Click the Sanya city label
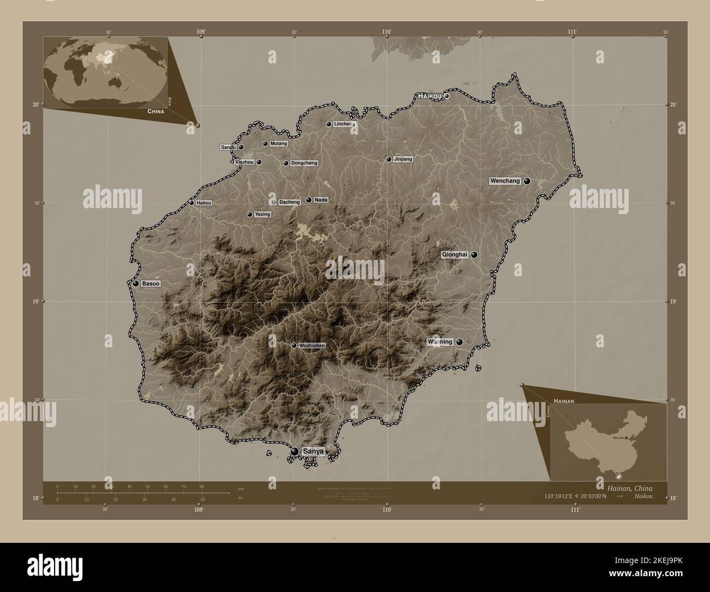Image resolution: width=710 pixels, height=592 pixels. pos(314,452)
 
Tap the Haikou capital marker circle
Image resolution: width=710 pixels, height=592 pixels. pos(446,96)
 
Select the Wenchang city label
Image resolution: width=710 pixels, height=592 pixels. pos(505,181)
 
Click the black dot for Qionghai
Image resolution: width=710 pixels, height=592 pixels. pos(474,254)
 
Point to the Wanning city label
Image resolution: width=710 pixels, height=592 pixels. pos(440,342)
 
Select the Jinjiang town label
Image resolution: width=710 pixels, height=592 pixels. pos(403,159)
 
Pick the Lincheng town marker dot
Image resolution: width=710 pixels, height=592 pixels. pos(329,124)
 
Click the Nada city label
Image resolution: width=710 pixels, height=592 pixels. pos(321,200)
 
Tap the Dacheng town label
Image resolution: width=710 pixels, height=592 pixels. pos(289,202)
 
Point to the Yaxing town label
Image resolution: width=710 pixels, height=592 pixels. pos(263,215)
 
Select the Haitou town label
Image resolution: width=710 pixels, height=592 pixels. pos(204,203)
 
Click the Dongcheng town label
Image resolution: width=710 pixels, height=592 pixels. pos(304,163)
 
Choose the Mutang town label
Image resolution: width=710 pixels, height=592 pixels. pos(279,144)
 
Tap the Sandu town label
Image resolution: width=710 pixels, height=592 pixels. pos(228,147)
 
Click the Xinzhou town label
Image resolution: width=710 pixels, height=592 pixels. pos(244,162)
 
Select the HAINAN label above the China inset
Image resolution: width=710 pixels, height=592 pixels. pos(563,401)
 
